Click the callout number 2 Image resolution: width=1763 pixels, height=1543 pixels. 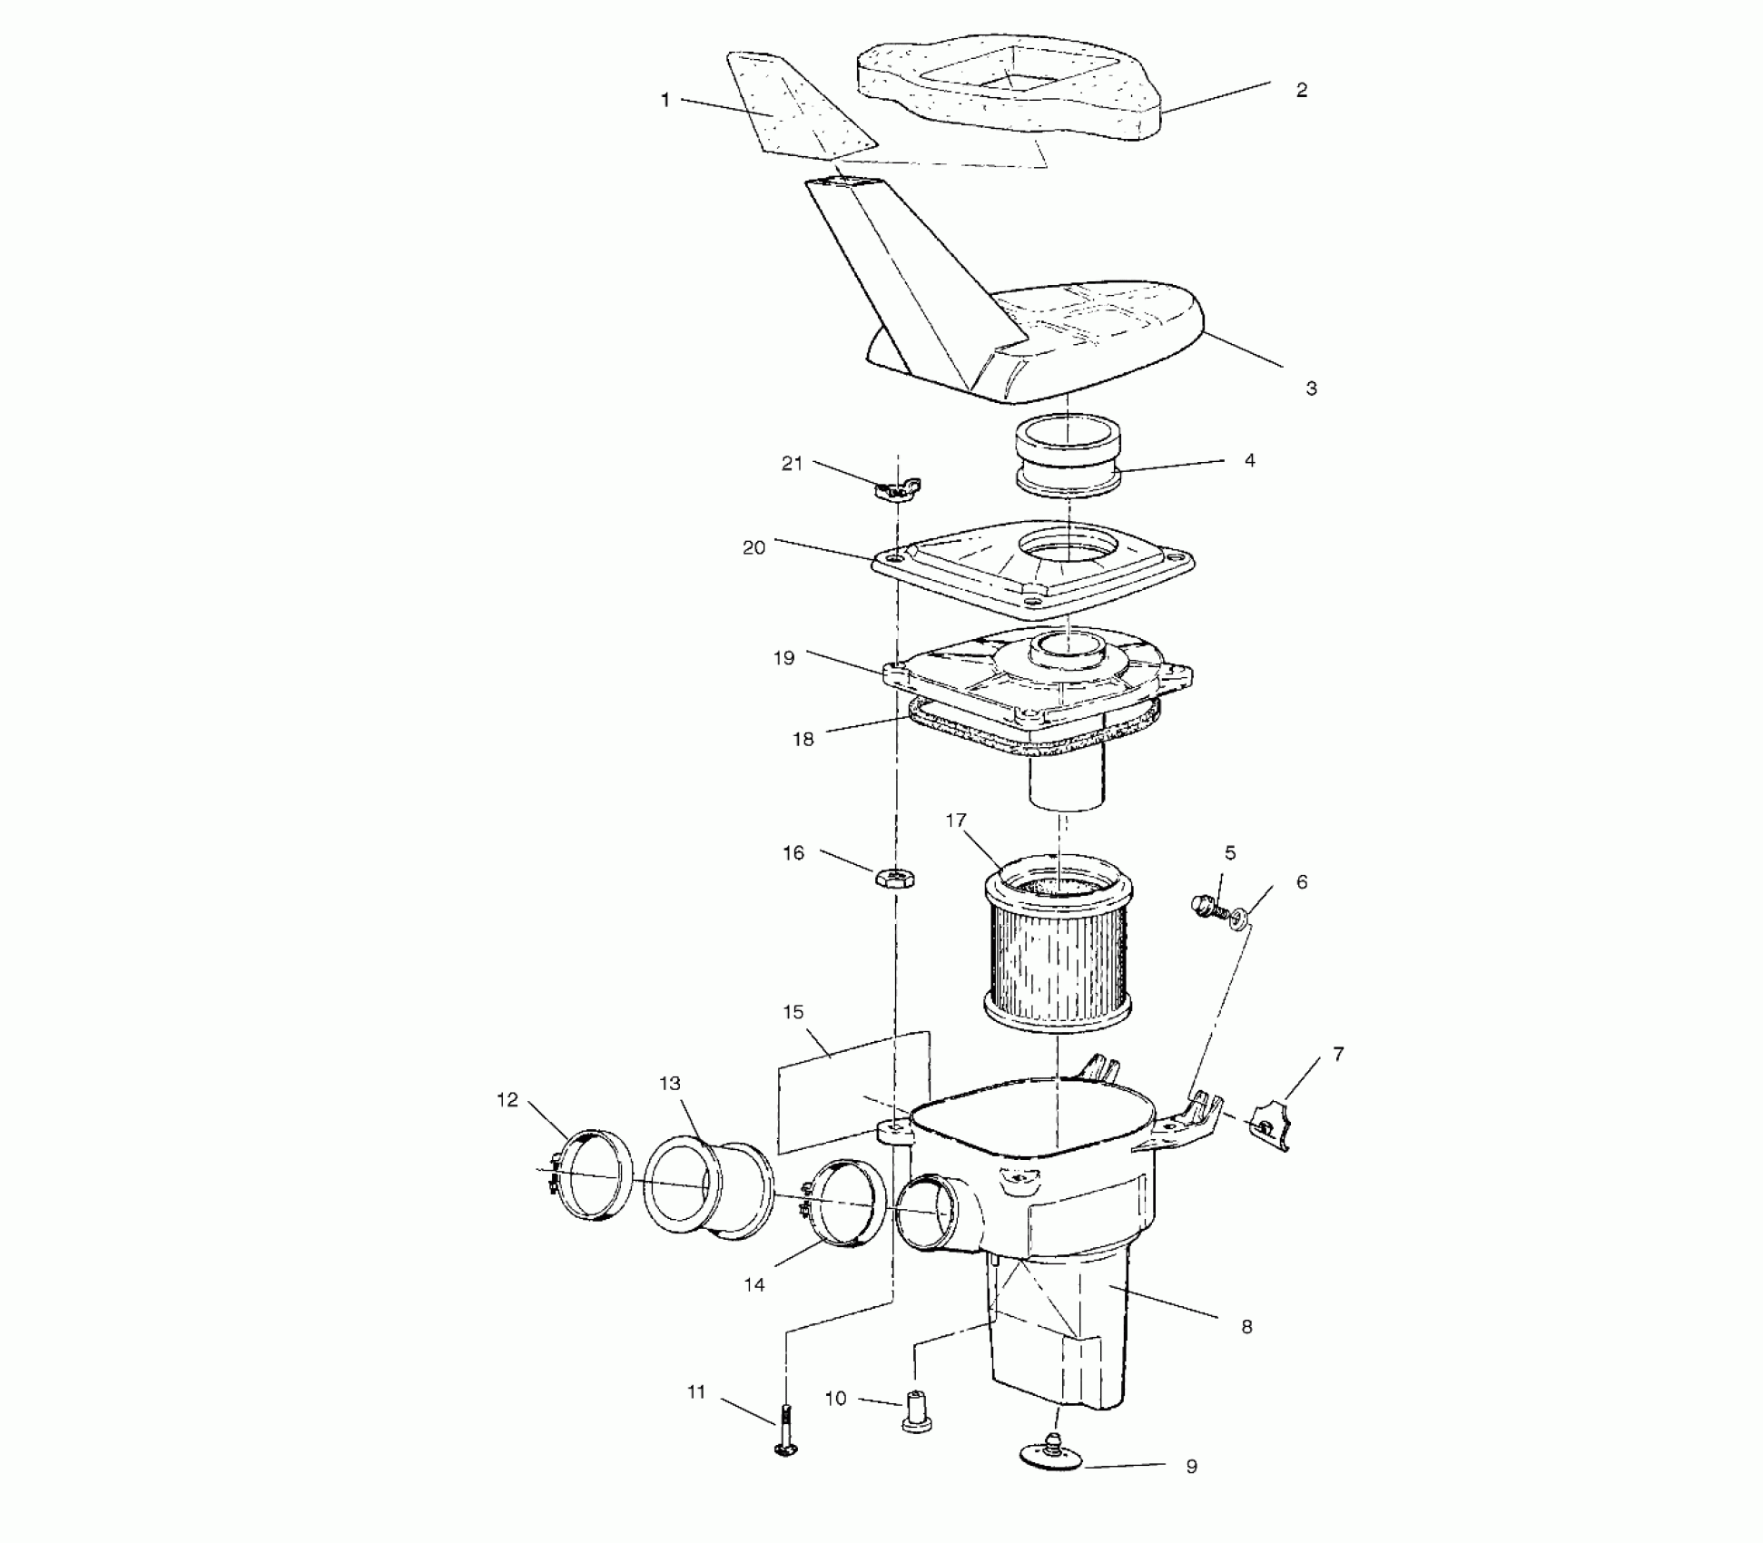coord(1301,90)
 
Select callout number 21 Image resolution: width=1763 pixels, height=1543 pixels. coord(792,464)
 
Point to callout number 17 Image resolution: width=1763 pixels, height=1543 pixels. coord(956,821)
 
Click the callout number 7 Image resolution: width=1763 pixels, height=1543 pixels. coord(1338,1054)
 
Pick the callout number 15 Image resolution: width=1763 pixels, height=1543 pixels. coord(793,1012)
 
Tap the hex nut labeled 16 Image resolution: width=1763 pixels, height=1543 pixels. coord(894,878)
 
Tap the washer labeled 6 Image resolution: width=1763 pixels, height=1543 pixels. coord(1238,922)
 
